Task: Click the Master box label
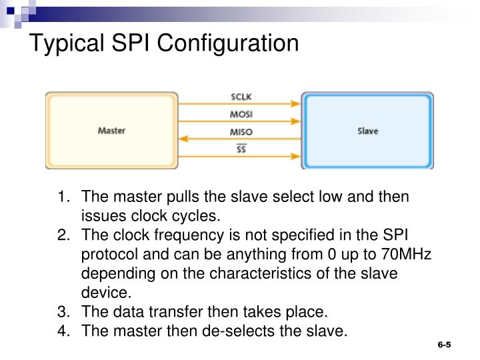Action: pyautogui.click(x=111, y=131)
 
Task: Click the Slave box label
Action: pyautogui.click(x=367, y=131)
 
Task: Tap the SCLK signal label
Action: pyautogui.click(x=241, y=97)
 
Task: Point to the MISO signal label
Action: pyautogui.click(x=241, y=132)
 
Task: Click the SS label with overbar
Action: pyautogui.click(x=241, y=149)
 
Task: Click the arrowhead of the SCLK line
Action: pyautogui.click(x=296, y=104)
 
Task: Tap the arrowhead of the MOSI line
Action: pyautogui.click(x=296, y=121)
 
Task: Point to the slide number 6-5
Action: pyautogui.click(x=445, y=345)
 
